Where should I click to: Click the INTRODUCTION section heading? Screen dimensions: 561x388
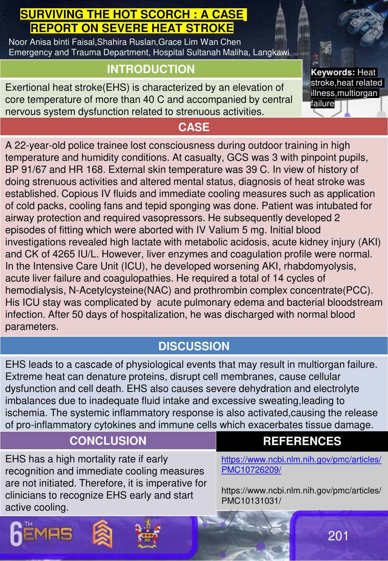(151, 69)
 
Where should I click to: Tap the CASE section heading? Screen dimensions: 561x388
(194, 127)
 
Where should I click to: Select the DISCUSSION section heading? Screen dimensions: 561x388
(194, 346)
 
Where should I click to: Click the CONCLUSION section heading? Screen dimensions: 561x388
(108, 441)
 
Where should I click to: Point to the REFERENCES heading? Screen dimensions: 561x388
(302, 441)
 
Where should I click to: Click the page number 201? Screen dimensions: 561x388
(338, 536)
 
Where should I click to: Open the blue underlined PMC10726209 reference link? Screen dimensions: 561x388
(301, 464)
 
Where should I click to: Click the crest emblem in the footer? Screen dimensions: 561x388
(148, 533)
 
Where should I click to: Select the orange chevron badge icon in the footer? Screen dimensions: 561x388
(102, 533)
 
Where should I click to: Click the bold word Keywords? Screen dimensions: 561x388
(333, 72)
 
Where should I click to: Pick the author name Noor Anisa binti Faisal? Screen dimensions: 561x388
(52, 42)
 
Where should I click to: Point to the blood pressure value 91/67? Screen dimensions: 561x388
(31, 170)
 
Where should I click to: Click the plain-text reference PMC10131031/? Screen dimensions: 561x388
(251, 501)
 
